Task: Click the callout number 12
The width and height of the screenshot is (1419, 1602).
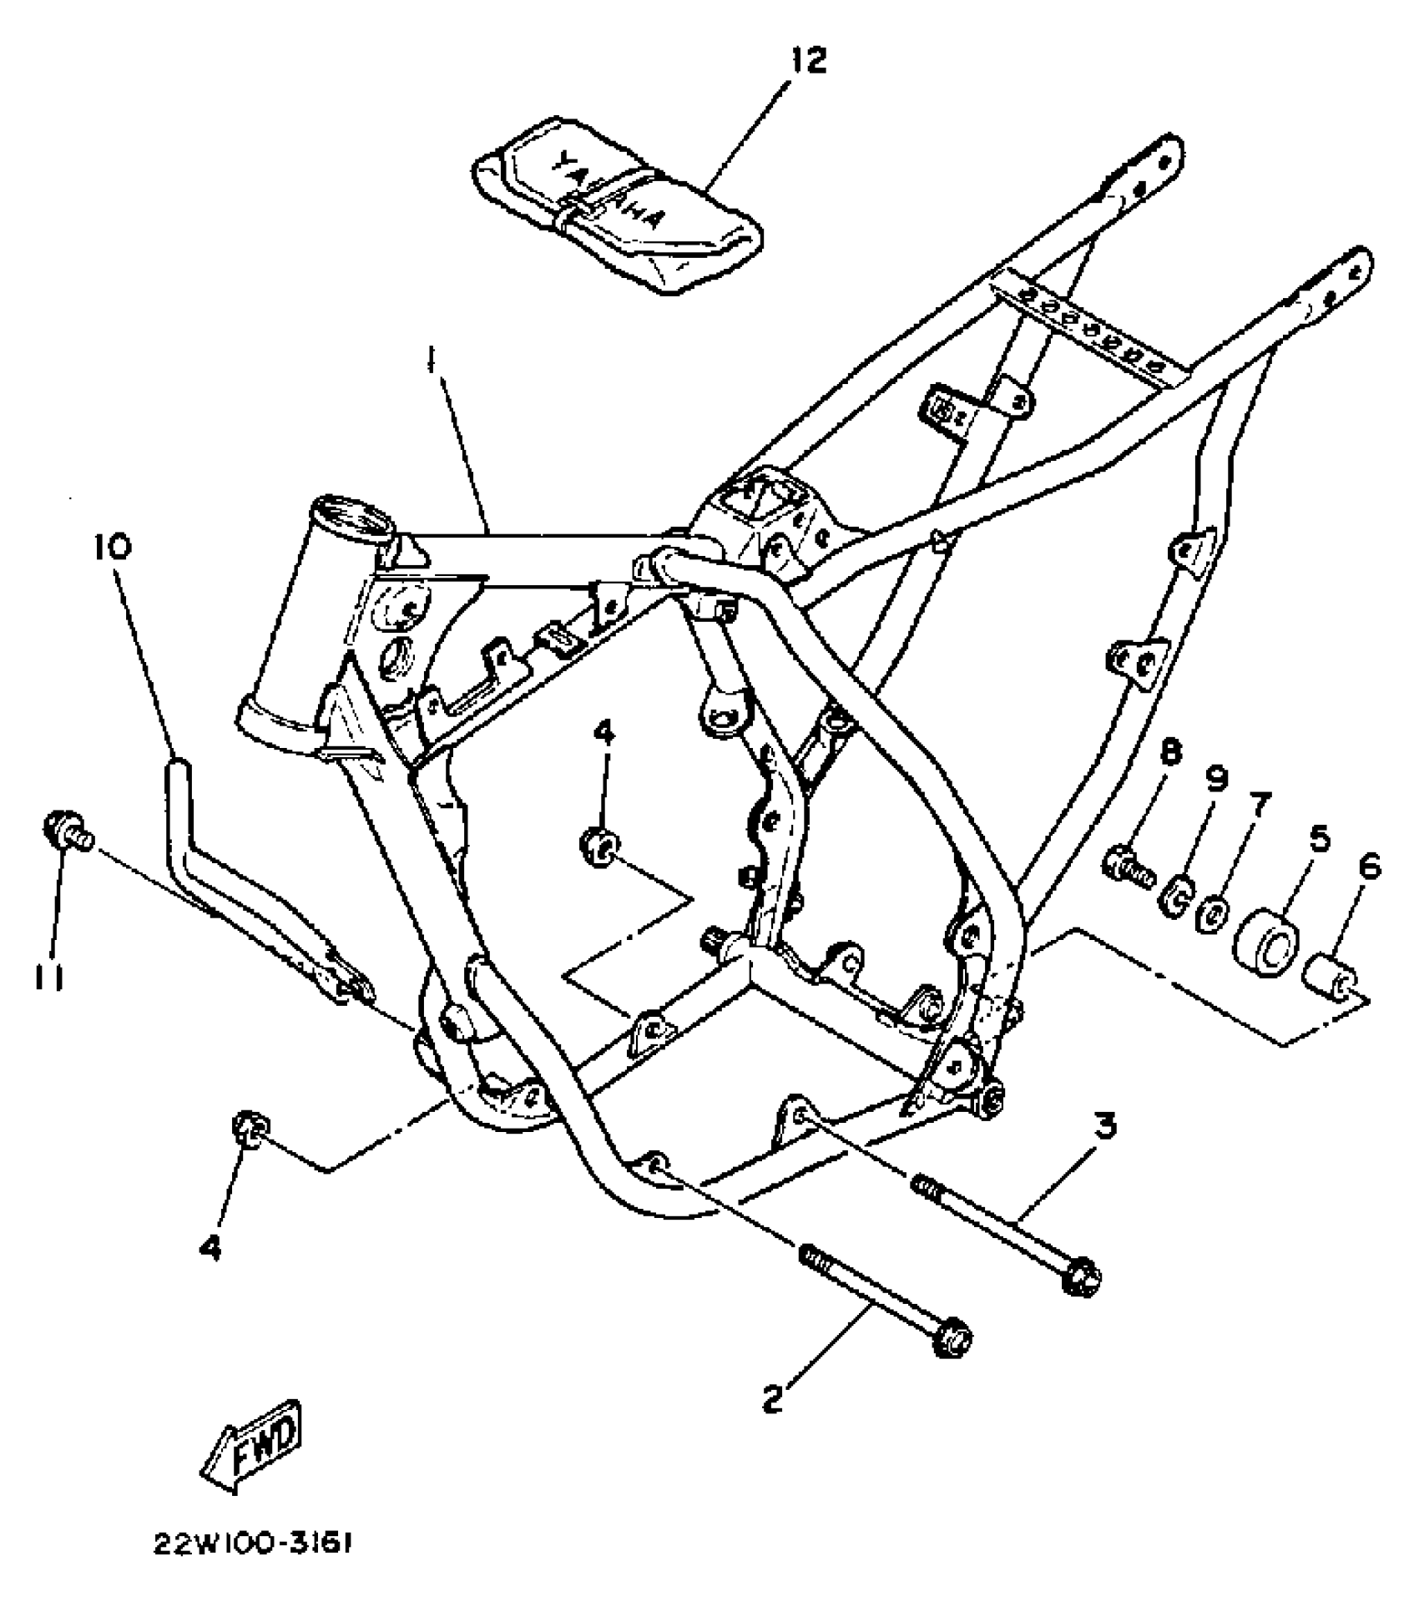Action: tap(807, 60)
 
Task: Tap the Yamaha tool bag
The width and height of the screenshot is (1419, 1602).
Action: tap(618, 209)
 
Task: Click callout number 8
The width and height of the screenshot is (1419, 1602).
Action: tap(1170, 756)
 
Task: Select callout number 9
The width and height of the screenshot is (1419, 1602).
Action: tap(1218, 781)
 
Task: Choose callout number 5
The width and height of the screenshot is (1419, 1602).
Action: tap(1319, 836)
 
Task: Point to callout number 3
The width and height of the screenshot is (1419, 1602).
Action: tap(1105, 1128)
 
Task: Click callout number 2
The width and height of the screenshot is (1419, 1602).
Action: tap(773, 1398)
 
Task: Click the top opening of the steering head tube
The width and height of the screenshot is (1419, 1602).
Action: tap(351, 514)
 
